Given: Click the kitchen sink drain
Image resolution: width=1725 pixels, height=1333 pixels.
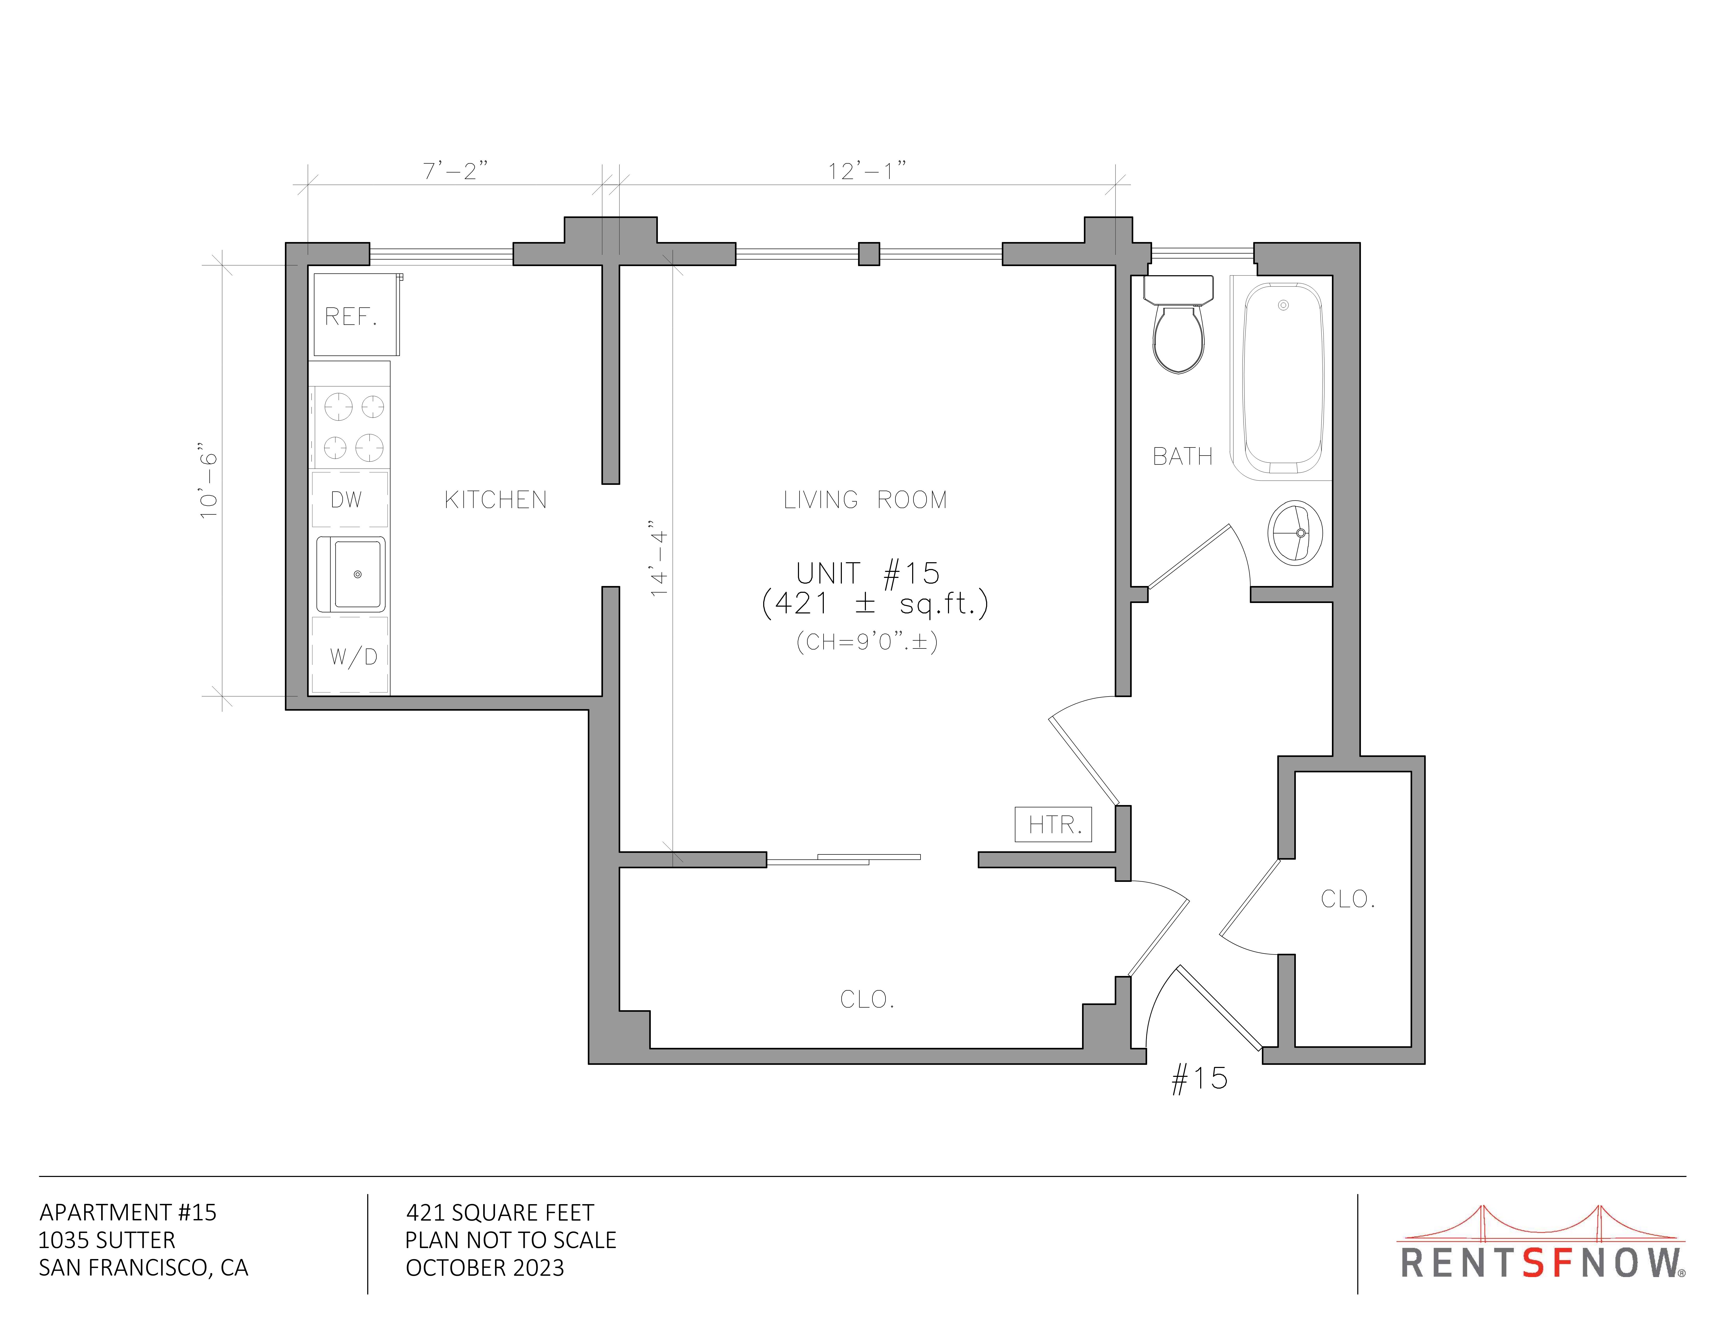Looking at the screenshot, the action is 358,574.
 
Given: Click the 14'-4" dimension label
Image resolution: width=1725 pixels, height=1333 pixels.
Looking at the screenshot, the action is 659,558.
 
